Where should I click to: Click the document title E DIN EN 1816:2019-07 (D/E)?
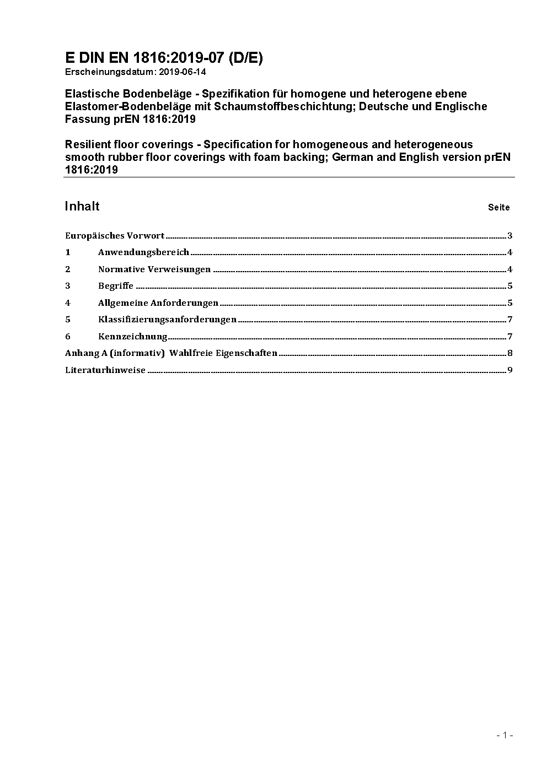tap(164, 58)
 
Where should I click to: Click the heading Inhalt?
tap(82, 206)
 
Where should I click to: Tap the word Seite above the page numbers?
tap(498, 208)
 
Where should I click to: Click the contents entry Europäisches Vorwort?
tap(115, 236)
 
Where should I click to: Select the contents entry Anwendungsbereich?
tap(143, 252)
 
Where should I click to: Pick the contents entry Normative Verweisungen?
tap(154, 269)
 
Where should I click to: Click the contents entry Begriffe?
tap(116, 286)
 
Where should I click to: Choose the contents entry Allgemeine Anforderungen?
tap(158, 303)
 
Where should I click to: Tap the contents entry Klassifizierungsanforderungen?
tap(167, 320)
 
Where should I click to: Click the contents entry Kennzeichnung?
tap(132, 337)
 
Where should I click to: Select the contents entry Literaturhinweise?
tap(105, 370)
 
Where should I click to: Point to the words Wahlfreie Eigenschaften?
tap(223, 353)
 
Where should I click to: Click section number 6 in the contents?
tap(68, 337)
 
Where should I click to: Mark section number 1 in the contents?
tap(68, 252)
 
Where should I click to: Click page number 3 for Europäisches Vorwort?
tap(510, 236)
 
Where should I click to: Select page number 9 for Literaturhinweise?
tap(510, 370)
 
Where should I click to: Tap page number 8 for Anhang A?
tap(510, 353)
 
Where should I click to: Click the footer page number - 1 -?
tap(505, 735)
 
